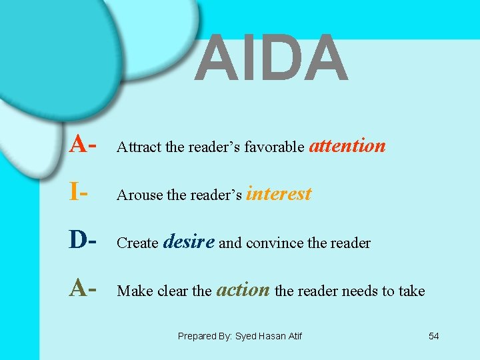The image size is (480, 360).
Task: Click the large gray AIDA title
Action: click(x=272, y=59)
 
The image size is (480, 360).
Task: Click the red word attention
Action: click(x=347, y=145)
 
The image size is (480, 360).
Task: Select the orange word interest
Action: click(x=279, y=194)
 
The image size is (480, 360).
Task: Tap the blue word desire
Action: click(x=189, y=241)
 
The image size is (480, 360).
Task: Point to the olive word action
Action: click(x=243, y=290)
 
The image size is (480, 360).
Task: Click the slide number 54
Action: click(x=433, y=336)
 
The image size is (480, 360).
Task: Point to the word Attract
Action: click(x=139, y=147)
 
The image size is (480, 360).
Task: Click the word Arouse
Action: click(x=137, y=195)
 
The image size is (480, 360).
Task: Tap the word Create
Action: click(x=137, y=243)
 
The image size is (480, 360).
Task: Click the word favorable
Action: click(x=274, y=147)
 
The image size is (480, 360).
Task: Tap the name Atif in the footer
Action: click(x=293, y=337)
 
